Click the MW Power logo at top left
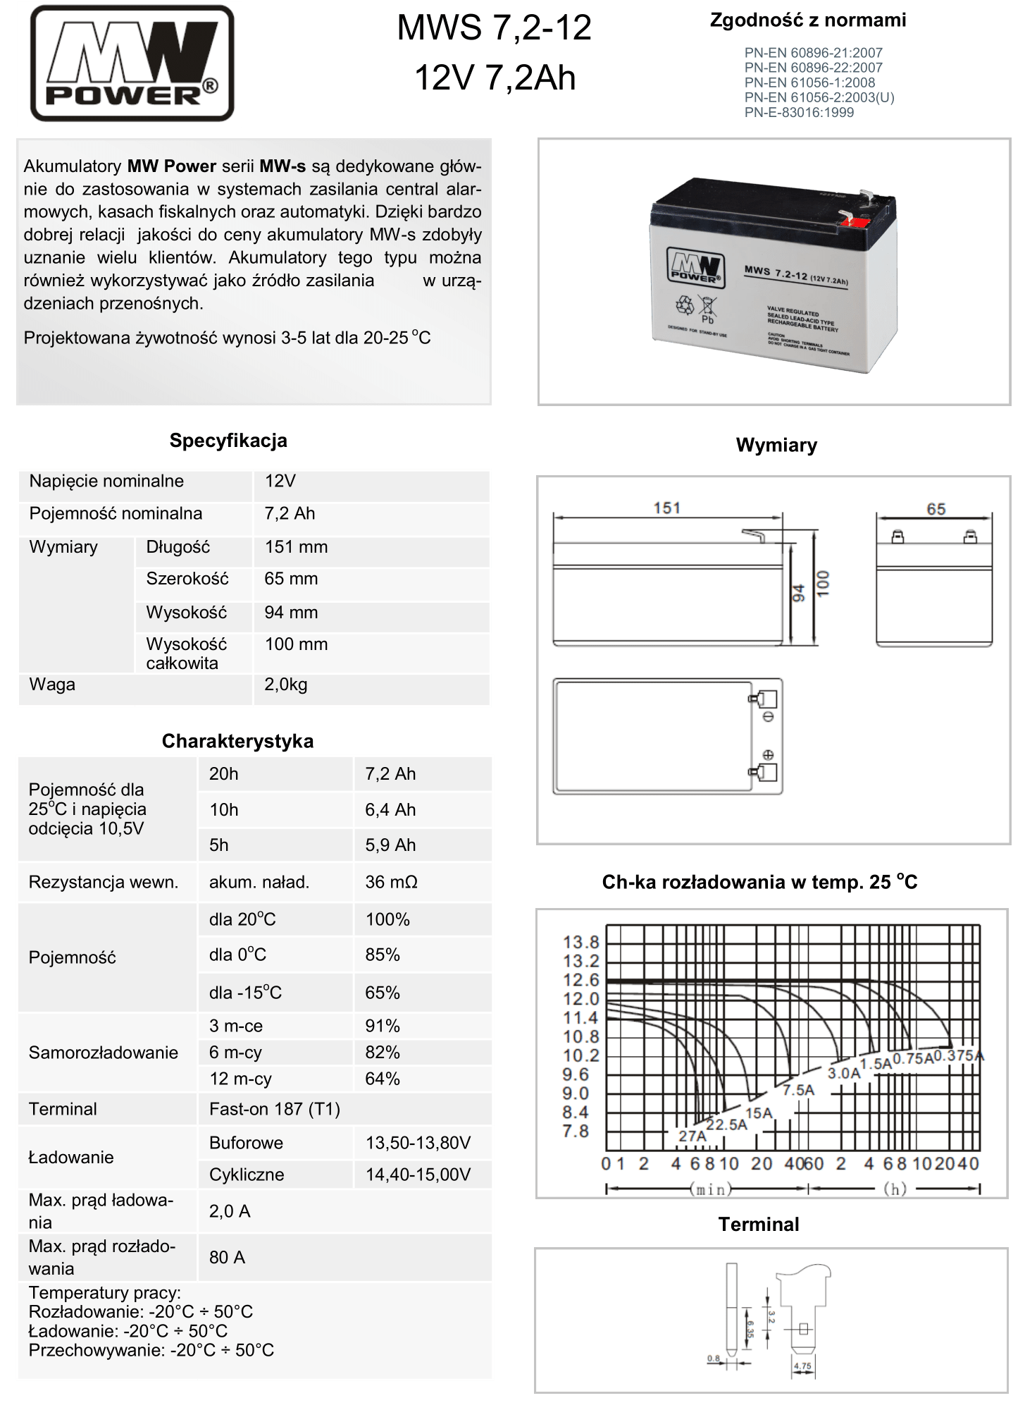[132, 63]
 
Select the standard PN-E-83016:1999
[799, 113]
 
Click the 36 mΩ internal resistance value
[391, 882]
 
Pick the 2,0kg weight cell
[286, 685]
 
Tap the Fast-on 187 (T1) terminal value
[275, 1109]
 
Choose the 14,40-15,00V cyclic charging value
[418, 1175]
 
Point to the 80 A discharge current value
[228, 1257]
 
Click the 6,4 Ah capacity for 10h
[390, 809]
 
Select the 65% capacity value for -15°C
[383, 993]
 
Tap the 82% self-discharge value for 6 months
[383, 1052]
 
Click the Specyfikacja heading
[228, 441]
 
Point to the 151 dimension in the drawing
[666, 508]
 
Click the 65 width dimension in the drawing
[936, 509]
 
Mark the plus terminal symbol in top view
[769, 754]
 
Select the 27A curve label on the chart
[692, 1136]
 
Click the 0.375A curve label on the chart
[959, 1055]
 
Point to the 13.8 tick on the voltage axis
[580, 942]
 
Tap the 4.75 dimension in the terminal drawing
[802, 1366]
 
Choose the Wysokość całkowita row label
[186, 654]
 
